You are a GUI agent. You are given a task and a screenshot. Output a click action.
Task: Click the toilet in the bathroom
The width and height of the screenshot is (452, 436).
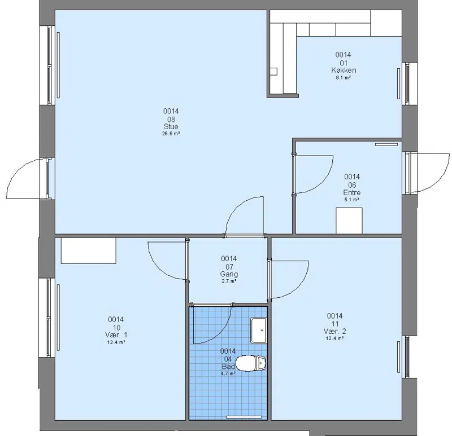[251, 363]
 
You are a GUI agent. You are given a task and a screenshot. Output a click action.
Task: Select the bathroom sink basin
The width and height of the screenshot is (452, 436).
[258, 331]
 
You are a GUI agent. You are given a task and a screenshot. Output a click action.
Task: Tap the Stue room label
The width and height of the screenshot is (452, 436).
[171, 126]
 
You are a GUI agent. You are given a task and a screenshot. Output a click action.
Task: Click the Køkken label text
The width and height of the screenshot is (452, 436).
[344, 70]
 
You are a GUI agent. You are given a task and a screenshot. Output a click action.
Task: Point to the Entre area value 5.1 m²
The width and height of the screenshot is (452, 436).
[351, 200]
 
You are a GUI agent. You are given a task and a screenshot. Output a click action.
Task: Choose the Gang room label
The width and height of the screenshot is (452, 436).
[229, 274]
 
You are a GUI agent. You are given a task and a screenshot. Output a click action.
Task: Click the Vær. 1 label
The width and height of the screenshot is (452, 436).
[116, 334]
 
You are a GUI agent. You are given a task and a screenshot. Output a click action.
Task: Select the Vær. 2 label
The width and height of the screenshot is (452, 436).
[334, 331]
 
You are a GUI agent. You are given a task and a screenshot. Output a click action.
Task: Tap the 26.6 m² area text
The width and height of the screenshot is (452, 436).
[171, 134]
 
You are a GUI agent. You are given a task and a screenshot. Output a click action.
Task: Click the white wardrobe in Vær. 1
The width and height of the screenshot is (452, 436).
[89, 250]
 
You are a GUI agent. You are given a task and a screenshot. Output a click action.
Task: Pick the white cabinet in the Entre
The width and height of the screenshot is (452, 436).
[349, 221]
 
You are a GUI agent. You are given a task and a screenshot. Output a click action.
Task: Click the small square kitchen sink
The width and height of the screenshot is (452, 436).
[273, 72]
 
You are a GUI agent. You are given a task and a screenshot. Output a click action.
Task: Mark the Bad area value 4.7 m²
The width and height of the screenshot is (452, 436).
[228, 373]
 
